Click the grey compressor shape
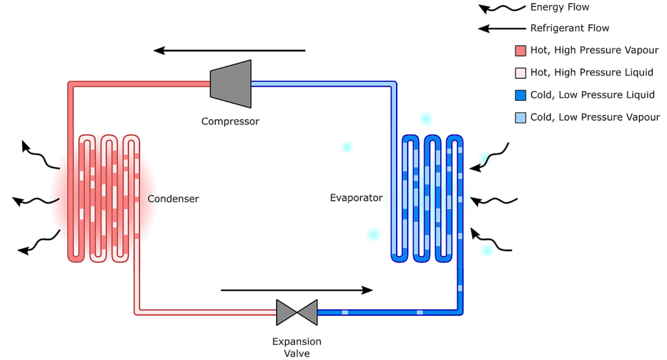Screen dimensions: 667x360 point(231,84)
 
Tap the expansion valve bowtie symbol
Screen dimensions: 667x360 point(297,312)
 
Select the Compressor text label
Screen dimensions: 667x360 point(230,122)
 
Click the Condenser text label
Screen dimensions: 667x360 point(173,199)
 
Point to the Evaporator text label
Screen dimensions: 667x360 point(356,198)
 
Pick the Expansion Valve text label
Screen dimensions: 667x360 point(297,347)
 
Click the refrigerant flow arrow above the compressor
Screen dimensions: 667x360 point(229,51)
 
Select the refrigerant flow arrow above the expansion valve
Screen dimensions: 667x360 point(297,290)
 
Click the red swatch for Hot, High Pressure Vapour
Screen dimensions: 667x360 point(520,51)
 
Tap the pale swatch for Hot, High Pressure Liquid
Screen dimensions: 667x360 point(520,73)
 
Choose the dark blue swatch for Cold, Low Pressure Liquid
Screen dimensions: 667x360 point(520,95)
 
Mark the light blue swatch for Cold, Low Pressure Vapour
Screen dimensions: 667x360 point(520,118)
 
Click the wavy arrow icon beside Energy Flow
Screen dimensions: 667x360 point(502,8)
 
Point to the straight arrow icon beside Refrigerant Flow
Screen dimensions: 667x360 point(502,29)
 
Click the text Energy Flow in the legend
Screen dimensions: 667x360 point(560,7)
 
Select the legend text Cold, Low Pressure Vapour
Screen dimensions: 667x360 point(595,117)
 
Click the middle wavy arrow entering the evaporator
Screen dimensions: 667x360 point(494,201)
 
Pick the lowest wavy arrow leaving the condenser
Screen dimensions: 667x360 point(39,243)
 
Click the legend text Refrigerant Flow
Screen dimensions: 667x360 point(569,29)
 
